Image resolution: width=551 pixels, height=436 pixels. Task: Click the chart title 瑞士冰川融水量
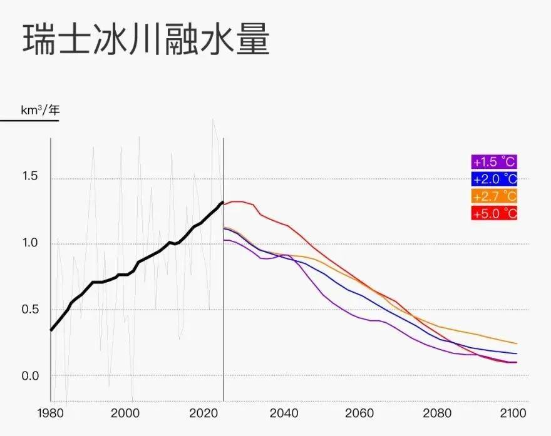coord(146,40)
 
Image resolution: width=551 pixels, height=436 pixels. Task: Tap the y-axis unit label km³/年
coord(41,109)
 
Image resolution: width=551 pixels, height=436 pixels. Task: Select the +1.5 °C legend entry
coord(495,162)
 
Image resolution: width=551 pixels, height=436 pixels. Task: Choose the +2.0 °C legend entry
coord(495,179)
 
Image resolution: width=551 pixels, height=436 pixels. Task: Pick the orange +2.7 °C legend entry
coord(495,196)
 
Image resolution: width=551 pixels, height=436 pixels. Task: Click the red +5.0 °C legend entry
coord(495,213)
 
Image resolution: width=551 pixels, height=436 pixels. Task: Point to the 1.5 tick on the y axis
coord(30,176)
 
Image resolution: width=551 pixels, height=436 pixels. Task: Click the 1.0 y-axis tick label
coord(30,243)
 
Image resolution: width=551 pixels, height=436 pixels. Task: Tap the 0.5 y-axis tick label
coord(30,310)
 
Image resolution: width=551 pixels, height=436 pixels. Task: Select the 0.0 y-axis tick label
coord(30,376)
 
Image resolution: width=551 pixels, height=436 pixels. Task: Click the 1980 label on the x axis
coord(51,413)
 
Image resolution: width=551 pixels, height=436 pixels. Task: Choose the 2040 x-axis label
coord(283,413)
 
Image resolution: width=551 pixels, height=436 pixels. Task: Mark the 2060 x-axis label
coord(360,413)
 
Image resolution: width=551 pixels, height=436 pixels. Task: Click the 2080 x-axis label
coord(438,413)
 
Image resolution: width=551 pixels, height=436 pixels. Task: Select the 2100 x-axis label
coord(513,413)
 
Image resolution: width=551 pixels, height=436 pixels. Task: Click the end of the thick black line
coord(223,202)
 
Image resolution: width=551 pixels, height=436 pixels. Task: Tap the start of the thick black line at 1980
coord(51,330)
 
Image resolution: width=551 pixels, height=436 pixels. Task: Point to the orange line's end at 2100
coord(517,343)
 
